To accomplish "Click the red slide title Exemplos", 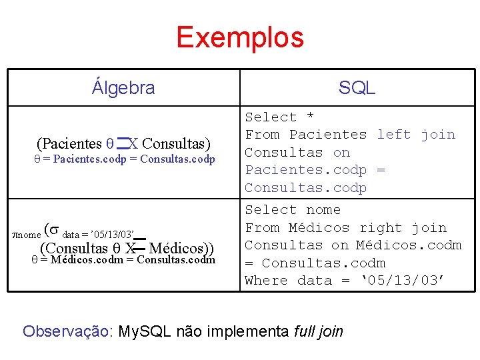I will [240, 37].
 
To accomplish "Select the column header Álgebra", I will [123, 87].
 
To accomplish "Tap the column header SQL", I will [357, 87].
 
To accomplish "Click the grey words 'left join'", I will [416, 135].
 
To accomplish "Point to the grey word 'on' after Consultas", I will [341, 153].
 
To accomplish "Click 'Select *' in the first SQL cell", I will [279, 117].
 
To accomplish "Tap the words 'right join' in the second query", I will [403, 228].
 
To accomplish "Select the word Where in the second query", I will [266, 281].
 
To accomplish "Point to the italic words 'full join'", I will [318, 331].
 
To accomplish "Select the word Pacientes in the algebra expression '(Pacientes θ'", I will [69, 143].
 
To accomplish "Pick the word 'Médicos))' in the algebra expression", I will [181, 249].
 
